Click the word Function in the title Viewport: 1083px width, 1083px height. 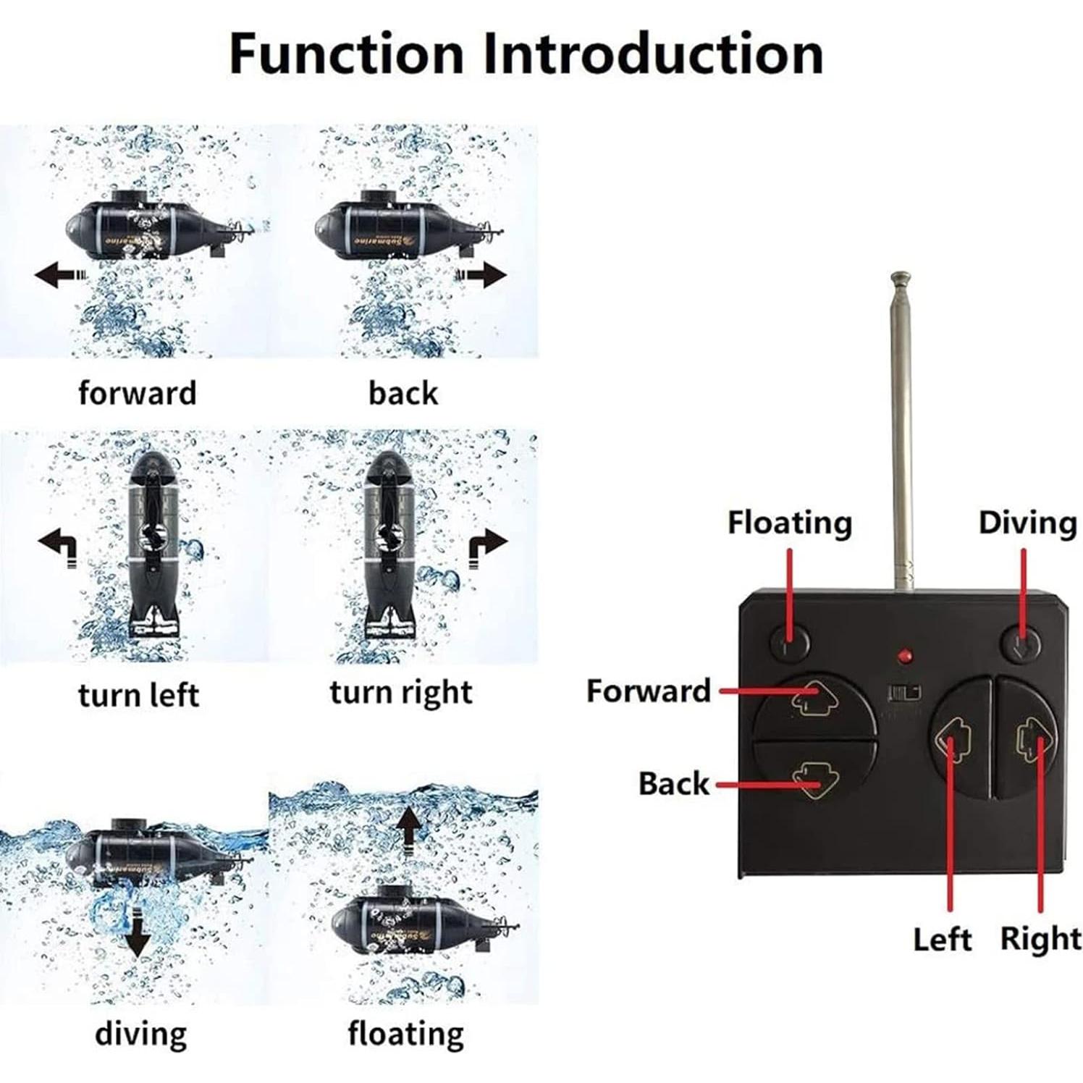(x=345, y=54)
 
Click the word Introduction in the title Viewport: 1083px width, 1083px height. (x=653, y=54)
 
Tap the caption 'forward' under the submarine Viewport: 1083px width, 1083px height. (x=138, y=393)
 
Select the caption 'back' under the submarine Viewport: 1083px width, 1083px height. (x=403, y=393)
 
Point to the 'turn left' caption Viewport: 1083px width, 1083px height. (x=138, y=695)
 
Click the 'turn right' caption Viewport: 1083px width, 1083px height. (x=401, y=692)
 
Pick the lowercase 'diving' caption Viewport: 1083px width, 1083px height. (x=140, y=1034)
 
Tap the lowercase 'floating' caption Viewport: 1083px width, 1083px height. (x=405, y=1034)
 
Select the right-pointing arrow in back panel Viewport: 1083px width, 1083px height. (x=481, y=275)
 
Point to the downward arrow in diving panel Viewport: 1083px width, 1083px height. (x=137, y=937)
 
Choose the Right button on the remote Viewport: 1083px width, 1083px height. (x=1028, y=738)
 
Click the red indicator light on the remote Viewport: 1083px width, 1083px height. (x=904, y=657)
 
